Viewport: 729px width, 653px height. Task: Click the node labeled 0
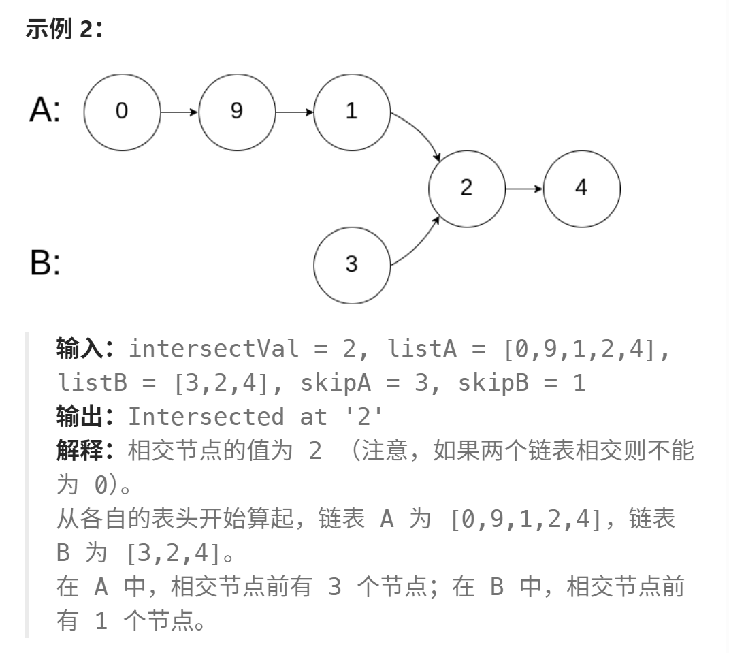tap(122, 111)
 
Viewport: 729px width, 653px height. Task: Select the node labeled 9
tap(237, 111)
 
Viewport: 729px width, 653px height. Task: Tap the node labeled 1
tap(352, 111)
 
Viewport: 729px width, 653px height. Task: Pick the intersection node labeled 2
tap(466, 188)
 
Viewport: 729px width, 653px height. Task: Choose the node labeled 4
tap(581, 188)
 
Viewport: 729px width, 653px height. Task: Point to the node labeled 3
tap(352, 264)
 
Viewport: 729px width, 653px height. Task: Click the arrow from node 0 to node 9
tap(179, 111)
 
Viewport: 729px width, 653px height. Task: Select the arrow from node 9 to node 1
tap(294, 111)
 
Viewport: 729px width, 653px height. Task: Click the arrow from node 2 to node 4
tap(523, 188)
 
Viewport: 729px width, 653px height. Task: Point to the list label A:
tap(45, 110)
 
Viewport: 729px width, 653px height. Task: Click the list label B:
tap(45, 263)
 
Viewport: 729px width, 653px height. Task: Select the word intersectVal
tap(214, 349)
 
